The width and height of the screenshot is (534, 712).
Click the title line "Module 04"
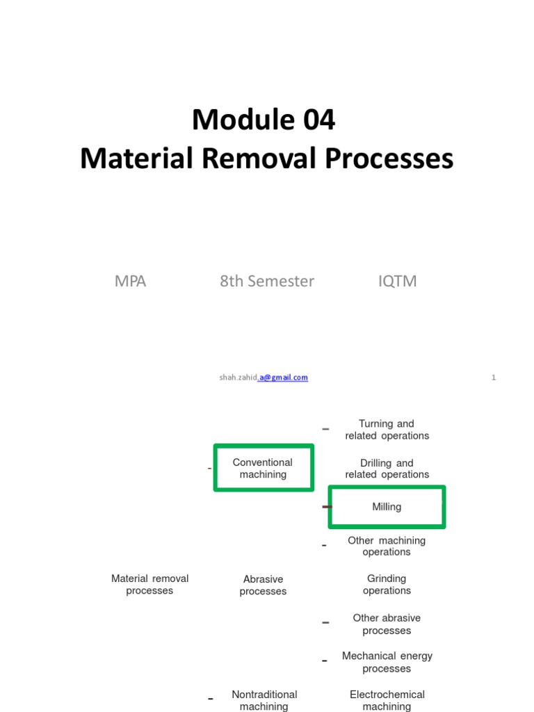coord(264,120)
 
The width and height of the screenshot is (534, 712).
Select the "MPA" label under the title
coord(130,281)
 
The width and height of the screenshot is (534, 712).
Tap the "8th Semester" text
coord(267,281)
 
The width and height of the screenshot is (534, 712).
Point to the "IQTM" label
coord(397,281)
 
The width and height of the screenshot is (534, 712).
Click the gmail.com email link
coord(284,378)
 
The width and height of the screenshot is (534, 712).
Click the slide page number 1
coord(494,378)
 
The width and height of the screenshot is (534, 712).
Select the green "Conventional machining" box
coord(263,468)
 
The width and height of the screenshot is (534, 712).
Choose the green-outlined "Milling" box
coord(387,507)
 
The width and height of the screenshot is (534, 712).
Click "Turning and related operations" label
coord(387,430)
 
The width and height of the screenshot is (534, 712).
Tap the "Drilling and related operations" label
coord(387,469)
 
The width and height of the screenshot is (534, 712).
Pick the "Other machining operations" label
coord(387,546)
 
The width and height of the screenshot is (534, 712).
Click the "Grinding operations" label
coord(387,584)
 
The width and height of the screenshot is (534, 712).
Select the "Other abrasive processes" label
coord(387,624)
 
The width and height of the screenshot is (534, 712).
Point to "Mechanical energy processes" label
coord(387,662)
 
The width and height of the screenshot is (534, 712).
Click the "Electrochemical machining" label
coord(387,700)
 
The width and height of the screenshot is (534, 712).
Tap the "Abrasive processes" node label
coord(263,585)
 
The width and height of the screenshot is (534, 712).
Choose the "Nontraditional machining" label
coord(264,700)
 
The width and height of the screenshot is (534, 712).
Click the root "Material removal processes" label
coord(149,584)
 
